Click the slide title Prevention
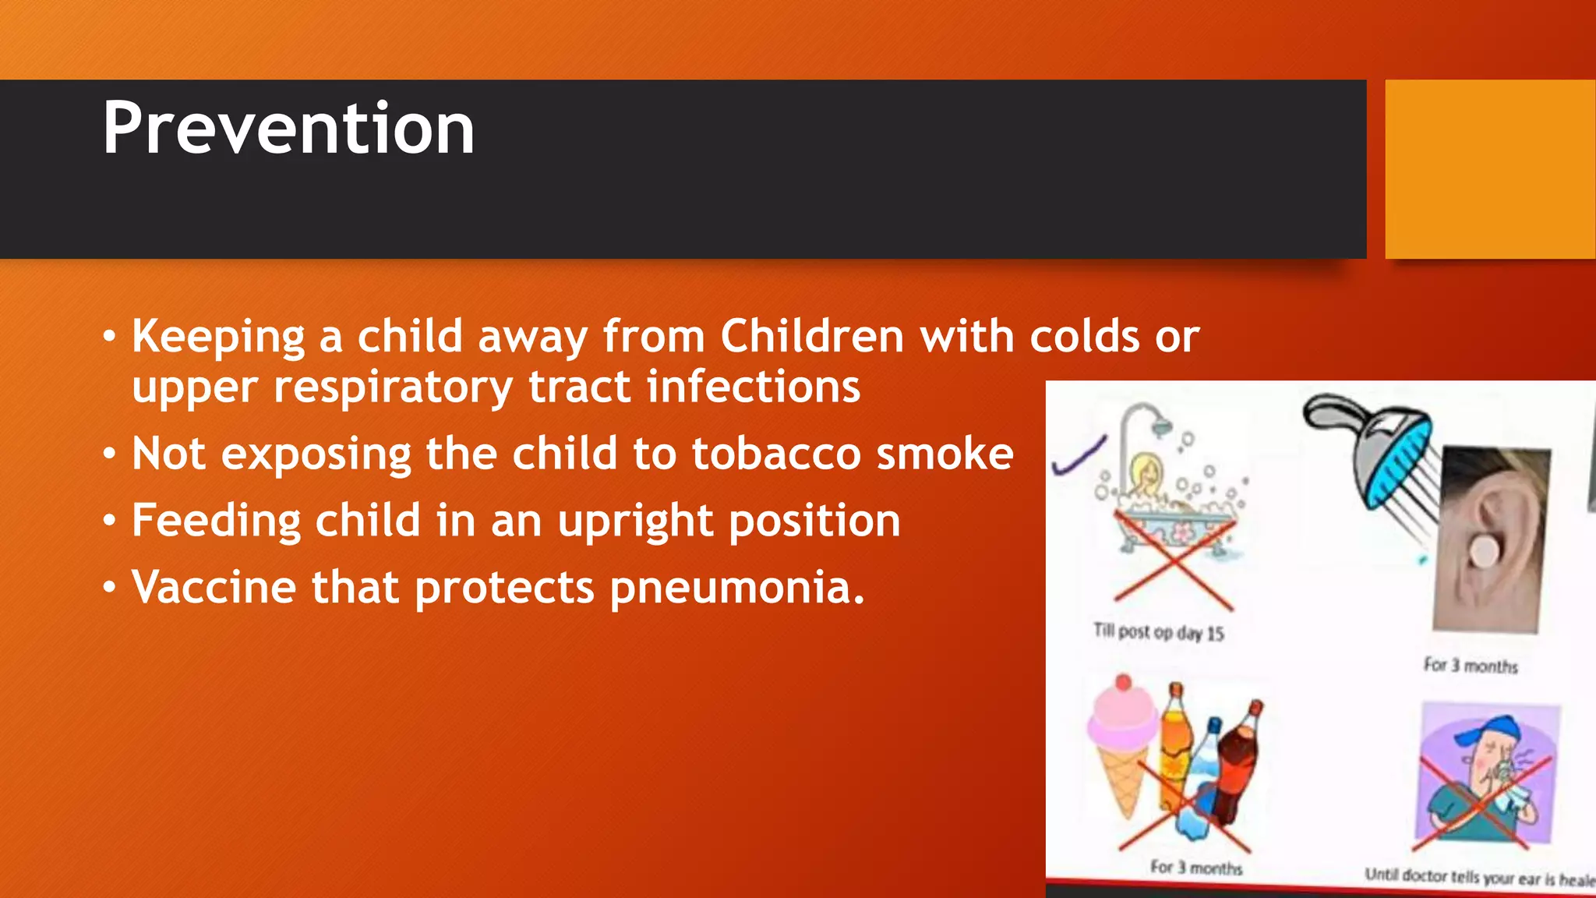[x=288, y=129]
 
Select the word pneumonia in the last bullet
[x=736, y=588]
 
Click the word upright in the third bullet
[x=635, y=521]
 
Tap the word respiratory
[x=393, y=387]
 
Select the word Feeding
[x=216, y=521]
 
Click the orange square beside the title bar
[x=1490, y=169]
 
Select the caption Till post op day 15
[x=1158, y=631]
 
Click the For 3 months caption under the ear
[x=1471, y=666]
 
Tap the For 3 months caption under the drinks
[x=1195, y=867]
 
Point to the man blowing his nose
[x=1485, y=780]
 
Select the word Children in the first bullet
[x=811, y=337]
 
